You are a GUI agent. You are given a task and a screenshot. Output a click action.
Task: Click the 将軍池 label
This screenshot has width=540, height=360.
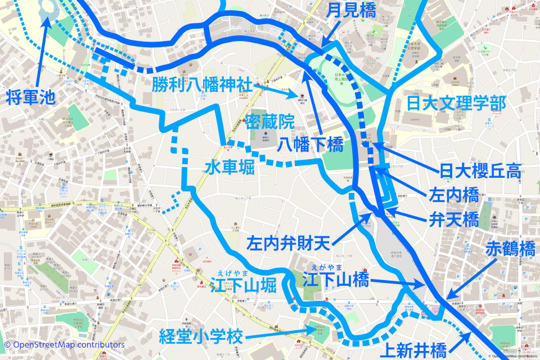pos(31,97)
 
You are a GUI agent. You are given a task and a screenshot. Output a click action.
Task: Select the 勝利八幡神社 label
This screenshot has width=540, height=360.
pos(201,85)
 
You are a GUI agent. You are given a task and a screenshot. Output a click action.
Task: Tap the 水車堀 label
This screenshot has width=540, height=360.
pos(229,167)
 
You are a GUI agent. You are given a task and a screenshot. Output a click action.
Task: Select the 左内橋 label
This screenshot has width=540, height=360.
pos(453,195)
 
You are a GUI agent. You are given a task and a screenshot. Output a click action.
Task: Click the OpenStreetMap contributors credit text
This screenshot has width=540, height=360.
pos(64,344)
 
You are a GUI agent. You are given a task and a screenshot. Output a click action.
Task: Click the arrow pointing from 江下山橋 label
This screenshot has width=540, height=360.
pos(394,282)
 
